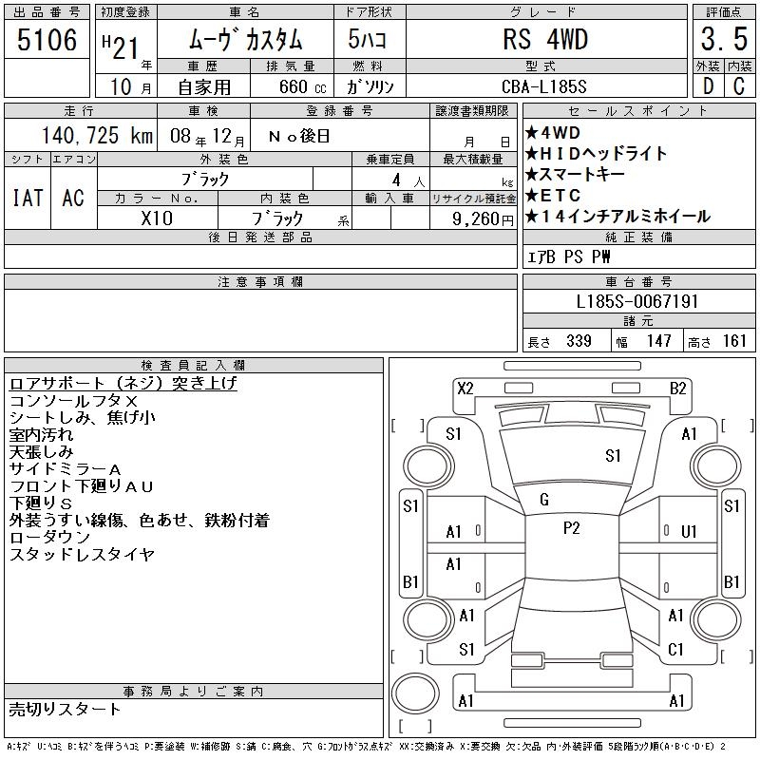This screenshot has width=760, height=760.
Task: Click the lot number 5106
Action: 47,40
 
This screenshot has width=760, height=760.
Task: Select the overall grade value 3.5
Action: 724,39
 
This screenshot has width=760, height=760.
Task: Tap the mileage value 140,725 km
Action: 97,135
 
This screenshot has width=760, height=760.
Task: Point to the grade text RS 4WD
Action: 545,39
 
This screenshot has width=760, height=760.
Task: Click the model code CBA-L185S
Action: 543,86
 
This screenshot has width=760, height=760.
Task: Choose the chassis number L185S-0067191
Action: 636,301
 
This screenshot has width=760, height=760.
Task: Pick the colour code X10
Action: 157,218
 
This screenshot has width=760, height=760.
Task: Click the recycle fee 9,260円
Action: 483,219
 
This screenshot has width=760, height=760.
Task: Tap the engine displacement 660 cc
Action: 302,86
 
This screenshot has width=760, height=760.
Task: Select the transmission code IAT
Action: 28,198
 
